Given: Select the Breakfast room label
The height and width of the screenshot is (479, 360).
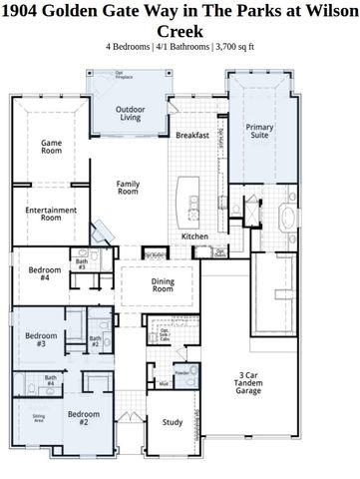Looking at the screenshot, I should coord(191,135).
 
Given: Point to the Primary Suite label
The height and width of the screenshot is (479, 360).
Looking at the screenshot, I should coord(259,132).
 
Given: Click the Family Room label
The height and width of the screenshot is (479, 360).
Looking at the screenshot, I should coord(128,189).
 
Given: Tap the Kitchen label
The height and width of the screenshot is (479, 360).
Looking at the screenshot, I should coord(194,236).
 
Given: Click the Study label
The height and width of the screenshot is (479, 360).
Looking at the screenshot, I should coord(173,422).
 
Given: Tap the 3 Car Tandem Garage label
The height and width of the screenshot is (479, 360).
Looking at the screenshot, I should coord(247,382).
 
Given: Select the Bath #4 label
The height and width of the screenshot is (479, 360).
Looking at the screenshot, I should coord(50,381).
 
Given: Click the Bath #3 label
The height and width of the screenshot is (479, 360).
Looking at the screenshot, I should coord(81,264).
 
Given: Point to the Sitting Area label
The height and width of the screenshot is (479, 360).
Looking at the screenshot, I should coord(38,417).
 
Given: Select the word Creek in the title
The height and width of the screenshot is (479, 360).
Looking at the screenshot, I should coord(180,30).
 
